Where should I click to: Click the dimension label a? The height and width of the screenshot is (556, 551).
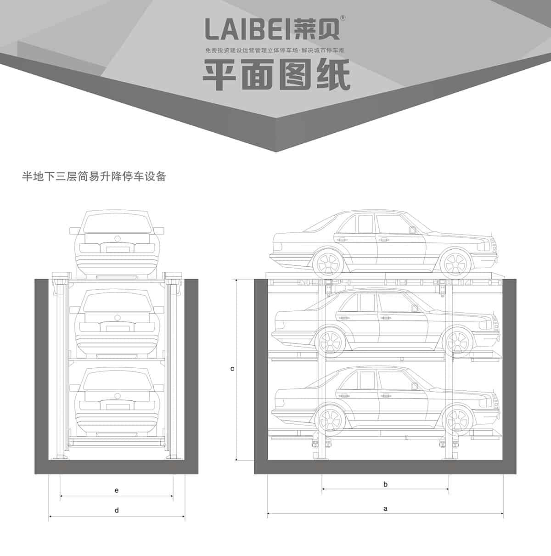tap(385, 508)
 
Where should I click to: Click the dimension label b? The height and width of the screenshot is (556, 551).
tap(385, 484)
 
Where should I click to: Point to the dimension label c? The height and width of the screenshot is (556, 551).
tap(232, 369)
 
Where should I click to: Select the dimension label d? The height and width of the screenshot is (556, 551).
tap(117, 510)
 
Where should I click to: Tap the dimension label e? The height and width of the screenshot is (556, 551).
tap(117, 490)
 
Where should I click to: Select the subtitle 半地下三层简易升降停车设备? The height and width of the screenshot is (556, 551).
tap(94, 176)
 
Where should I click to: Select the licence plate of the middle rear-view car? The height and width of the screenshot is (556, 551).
tap(117, 328)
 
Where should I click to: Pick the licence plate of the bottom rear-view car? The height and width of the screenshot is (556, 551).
tap(117, 406)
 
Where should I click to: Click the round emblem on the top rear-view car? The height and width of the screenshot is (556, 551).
tap(117, 239)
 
